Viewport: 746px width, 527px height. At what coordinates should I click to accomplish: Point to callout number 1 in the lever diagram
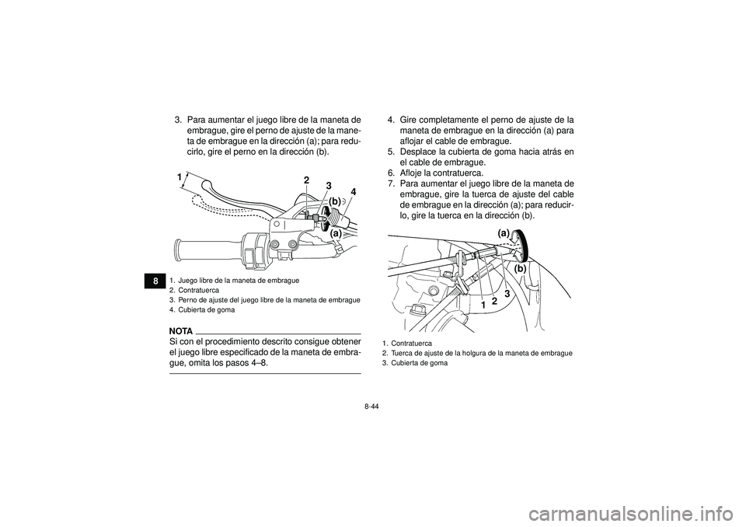179,178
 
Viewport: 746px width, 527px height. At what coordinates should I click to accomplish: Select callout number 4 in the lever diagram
352,191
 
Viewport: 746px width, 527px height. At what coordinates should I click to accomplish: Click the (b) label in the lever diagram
334,201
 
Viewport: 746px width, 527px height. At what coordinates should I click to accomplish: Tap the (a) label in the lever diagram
336,232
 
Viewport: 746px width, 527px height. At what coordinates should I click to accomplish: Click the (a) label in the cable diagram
504,233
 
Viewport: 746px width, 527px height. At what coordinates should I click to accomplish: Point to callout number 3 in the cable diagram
506,294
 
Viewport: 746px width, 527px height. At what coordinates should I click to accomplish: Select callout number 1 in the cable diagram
483,306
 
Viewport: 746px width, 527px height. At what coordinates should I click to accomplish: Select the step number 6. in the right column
392,173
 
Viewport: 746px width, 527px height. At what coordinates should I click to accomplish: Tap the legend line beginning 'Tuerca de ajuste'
481,353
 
